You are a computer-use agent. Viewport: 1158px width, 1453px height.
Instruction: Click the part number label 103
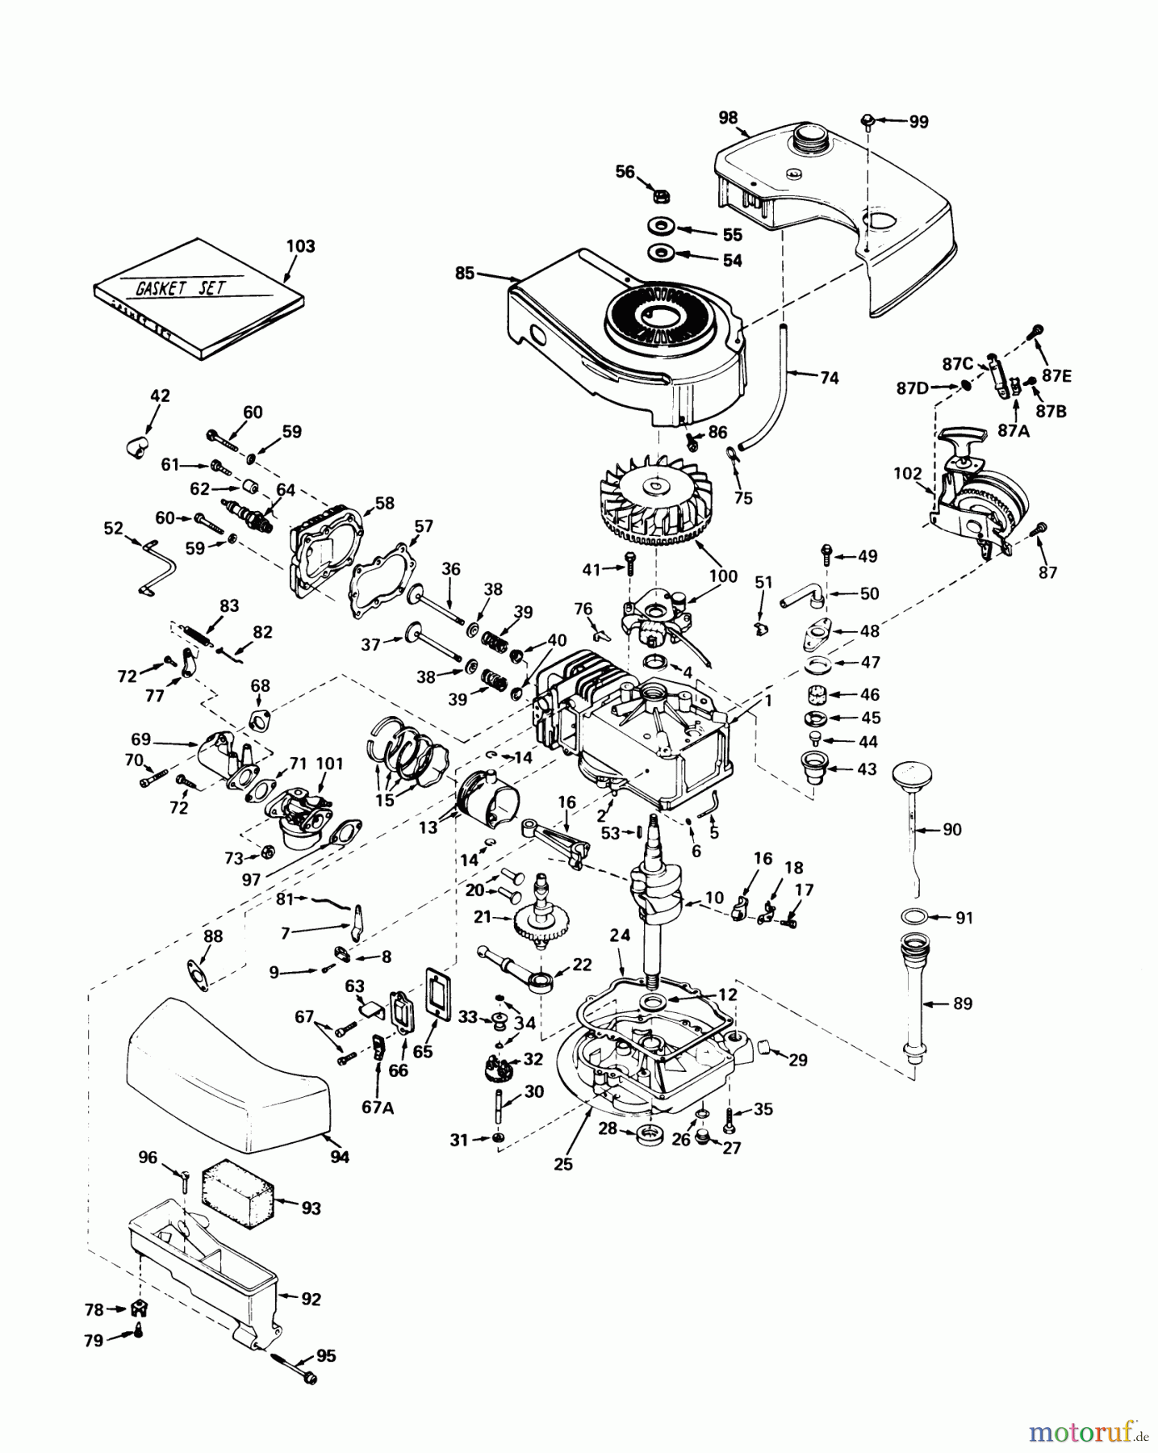[x=300, y=246]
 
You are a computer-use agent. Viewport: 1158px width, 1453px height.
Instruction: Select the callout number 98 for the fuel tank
[x=728, y=118]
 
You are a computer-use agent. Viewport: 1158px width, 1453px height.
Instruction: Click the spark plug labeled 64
[x=253, y=517]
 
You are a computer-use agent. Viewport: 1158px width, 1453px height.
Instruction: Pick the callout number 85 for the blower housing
[x=464, y=273]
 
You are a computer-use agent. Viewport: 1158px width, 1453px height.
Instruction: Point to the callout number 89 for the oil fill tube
[x=963, y=1003]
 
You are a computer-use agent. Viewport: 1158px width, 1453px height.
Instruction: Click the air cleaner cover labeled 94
[x=226, y=1074]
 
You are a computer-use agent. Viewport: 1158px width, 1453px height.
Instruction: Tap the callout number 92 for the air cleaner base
[x=311, y=1300]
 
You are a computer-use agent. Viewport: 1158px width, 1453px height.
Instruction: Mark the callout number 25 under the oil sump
[x=563, y=1163]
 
